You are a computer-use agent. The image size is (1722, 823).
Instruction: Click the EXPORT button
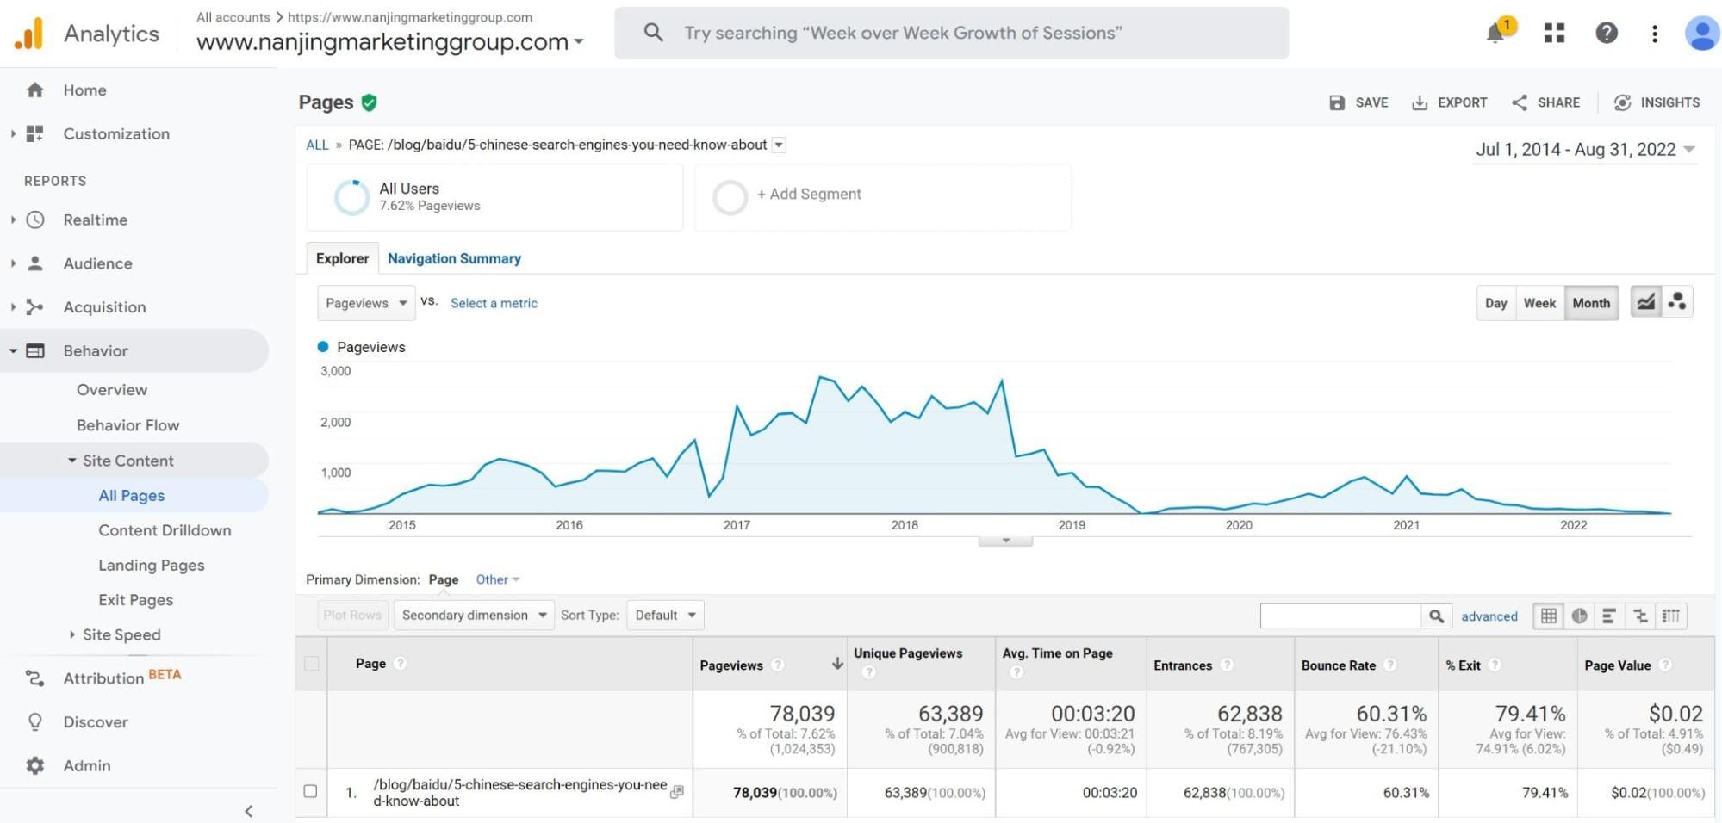coord(1450,102)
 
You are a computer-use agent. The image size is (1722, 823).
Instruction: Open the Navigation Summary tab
coord(454,258)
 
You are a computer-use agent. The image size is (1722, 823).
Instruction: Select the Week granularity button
coord(1539,303)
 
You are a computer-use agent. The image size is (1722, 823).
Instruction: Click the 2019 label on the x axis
coord(1072,525)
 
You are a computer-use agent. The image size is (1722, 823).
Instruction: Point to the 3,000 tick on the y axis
coord(335,371)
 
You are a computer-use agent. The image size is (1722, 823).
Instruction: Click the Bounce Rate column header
coord(1338,665)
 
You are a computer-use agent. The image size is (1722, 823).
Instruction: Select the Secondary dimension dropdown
coord(474,616)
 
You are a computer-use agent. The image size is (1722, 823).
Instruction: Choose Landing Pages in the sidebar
coord(151,566)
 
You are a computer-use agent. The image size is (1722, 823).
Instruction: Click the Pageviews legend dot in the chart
coord(323,347)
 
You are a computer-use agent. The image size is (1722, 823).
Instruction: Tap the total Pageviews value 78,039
coord(802,714)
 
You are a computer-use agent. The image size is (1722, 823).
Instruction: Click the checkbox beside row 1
coord(310,791)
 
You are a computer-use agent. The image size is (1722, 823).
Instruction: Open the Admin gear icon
coord(34,765)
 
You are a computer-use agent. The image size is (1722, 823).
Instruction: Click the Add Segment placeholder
coord(808,195)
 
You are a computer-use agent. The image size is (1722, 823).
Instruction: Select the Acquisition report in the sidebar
coord(104,307)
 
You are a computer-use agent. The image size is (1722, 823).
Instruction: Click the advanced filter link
coord(1489,616)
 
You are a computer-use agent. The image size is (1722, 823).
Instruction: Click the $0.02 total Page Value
coord(1675,714)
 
